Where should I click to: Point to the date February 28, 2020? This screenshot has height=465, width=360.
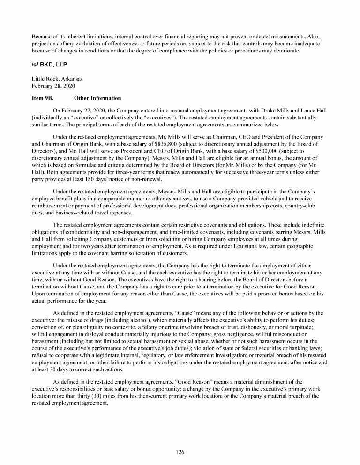(50, 86)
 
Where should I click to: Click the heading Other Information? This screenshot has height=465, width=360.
(97, 98)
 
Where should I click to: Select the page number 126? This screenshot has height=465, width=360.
(180, 452)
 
